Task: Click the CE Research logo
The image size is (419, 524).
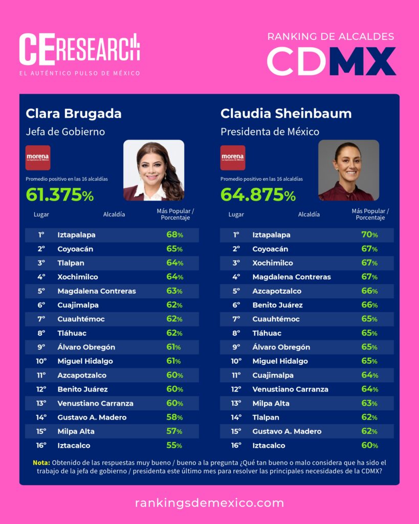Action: [79, 50]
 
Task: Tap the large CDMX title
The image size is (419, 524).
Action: [331, 61]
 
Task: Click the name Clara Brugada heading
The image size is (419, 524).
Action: [74, 113]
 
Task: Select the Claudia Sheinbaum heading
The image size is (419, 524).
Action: [286, 113]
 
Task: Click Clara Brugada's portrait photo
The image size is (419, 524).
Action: [153, 170]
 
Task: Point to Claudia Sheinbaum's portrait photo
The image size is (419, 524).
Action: [348, 170]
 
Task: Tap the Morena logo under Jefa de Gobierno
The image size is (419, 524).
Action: [38, 158]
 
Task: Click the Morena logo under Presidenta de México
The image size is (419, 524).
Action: [233, 158]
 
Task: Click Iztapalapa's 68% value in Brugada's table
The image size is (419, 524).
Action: [174, 235]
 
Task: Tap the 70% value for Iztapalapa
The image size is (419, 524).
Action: [369, 235]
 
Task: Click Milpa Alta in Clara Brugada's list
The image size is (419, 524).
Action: [76, 431]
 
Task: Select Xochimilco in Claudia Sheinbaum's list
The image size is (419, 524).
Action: [273, 263]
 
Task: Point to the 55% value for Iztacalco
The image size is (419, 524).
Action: [174, 445]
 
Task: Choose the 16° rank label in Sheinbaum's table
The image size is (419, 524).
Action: [236, 445]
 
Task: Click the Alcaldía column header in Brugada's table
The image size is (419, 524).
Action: [114, 214]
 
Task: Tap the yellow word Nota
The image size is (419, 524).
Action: [41, 463]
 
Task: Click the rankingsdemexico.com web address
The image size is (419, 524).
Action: [209, 503]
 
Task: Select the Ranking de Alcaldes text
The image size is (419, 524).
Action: [330, 36]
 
